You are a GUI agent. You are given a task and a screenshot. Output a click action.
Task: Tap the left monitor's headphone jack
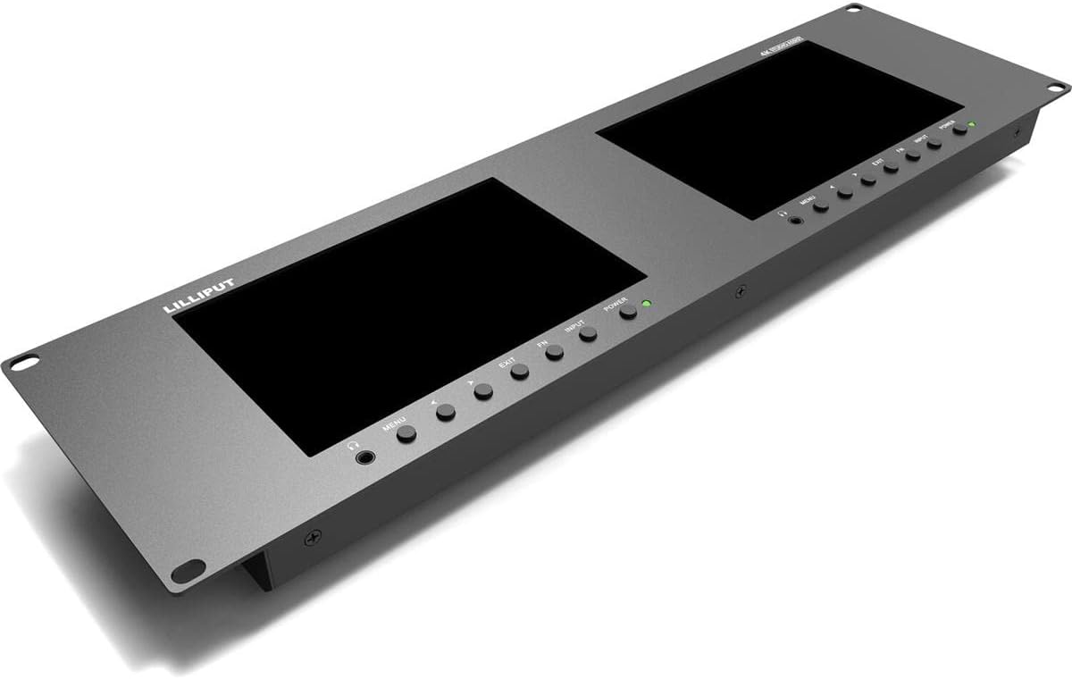(x=364, y=458)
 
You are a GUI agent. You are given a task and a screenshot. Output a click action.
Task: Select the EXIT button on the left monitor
(x=519, y=373)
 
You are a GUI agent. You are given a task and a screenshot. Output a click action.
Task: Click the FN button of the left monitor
(x=555, y=352)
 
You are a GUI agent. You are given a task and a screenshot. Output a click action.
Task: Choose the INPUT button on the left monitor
(x=588, y=334)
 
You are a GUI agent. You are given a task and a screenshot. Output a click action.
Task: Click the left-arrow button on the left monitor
(x=446, y=412)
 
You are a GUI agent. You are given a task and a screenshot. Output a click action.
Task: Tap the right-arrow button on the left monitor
(x=483, y=391)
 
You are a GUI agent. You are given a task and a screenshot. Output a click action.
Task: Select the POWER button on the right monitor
(x=959, y=130)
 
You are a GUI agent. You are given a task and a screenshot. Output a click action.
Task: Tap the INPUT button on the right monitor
(x=934, y=143)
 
